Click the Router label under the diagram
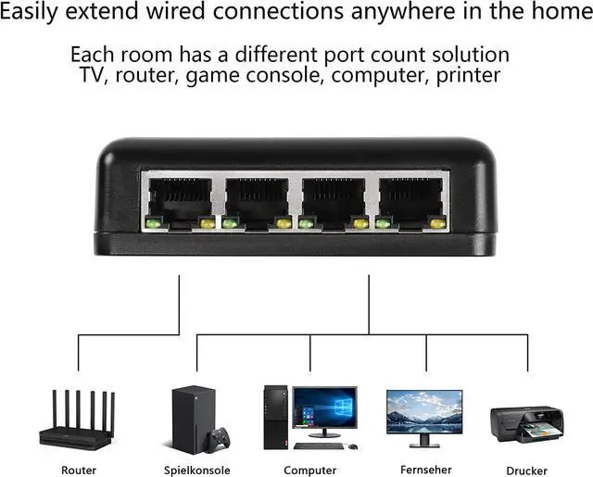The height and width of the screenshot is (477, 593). click(78, 471)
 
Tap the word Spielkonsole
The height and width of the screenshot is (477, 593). click(196, 471)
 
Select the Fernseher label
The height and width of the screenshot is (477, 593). click(425, 470)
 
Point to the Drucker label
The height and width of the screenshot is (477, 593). click(526, 471)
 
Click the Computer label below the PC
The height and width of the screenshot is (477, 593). click(309, 471)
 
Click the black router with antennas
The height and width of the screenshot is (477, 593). click(78, 421)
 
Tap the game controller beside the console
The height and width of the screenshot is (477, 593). click(220, 437)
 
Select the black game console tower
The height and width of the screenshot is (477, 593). click(186, 417)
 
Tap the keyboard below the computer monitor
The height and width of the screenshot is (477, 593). click(320, 446)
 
